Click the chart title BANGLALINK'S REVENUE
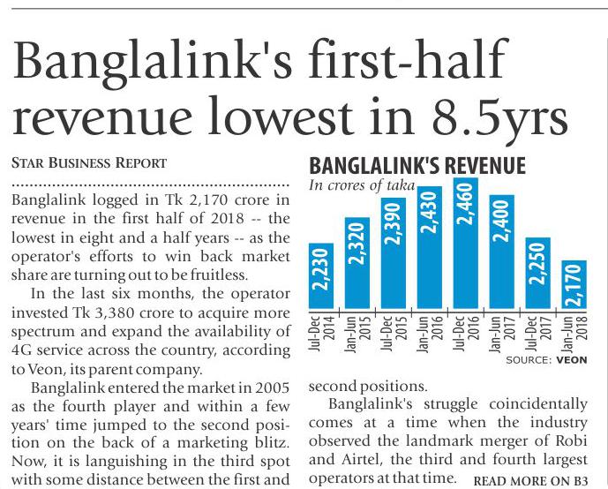click(417, 167)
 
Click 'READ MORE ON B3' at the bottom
click(531, 481)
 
